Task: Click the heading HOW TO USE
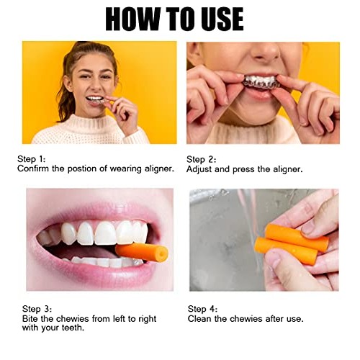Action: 174,19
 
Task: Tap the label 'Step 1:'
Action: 32,158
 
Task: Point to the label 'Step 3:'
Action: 32,308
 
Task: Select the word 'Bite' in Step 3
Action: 27,318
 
